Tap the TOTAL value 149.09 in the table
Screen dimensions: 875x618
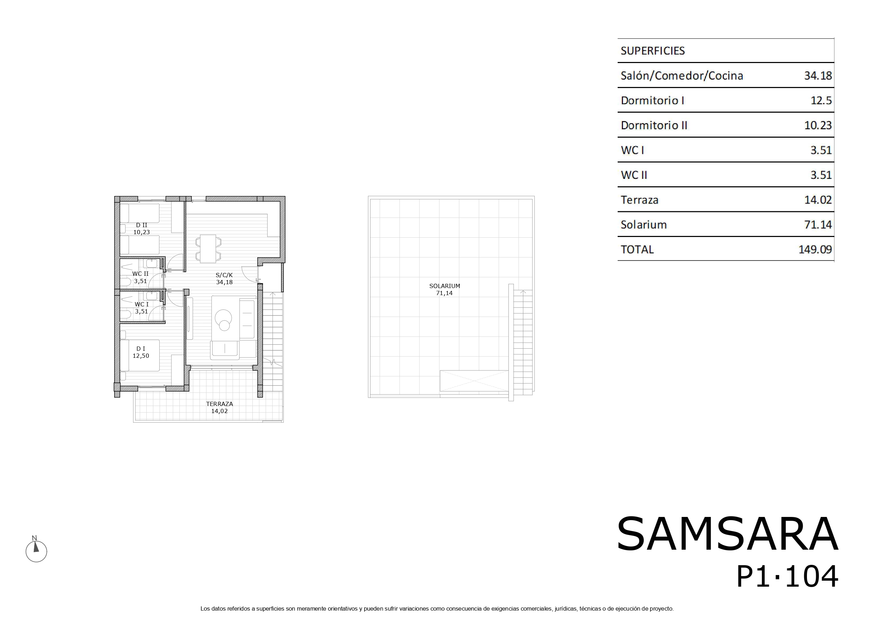pyautogui.click(x=815, y=249)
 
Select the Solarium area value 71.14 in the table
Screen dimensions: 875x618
pyautogui.click(x=818, y=225)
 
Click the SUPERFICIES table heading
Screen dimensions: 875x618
pyautogui.click(x=653, y=51)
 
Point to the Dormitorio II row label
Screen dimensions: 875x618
pyautogui.click(x=654, y=125)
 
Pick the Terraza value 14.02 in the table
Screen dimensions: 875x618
pyautogui.click(x=818, y=200)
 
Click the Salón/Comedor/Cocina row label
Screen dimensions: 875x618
pyautogui.click(x=682, y=76)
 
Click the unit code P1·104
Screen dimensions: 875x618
pyautogui.click(x=787, y=577)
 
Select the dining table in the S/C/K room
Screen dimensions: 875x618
pyautogui.click(x=208, y=249)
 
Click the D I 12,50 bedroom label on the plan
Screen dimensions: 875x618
pyautogui.click(x=141, y=352)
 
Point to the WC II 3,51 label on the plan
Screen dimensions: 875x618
pyautogui.click(x=140, y=277)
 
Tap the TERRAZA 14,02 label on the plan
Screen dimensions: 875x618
pyautogui.click(x=220, y=407)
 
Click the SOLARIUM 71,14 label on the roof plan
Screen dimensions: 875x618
pyautogui.click(x=444, y=289)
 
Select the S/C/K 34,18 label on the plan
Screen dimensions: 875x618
pyautogui.click(x=224, y=278)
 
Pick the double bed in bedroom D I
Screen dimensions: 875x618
pyautogui.click(x=140, y=355)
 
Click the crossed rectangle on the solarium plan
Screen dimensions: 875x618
pyautogui.click(x=474, y=381)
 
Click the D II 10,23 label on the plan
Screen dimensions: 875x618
pyautogui.click(x=141, y=229)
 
